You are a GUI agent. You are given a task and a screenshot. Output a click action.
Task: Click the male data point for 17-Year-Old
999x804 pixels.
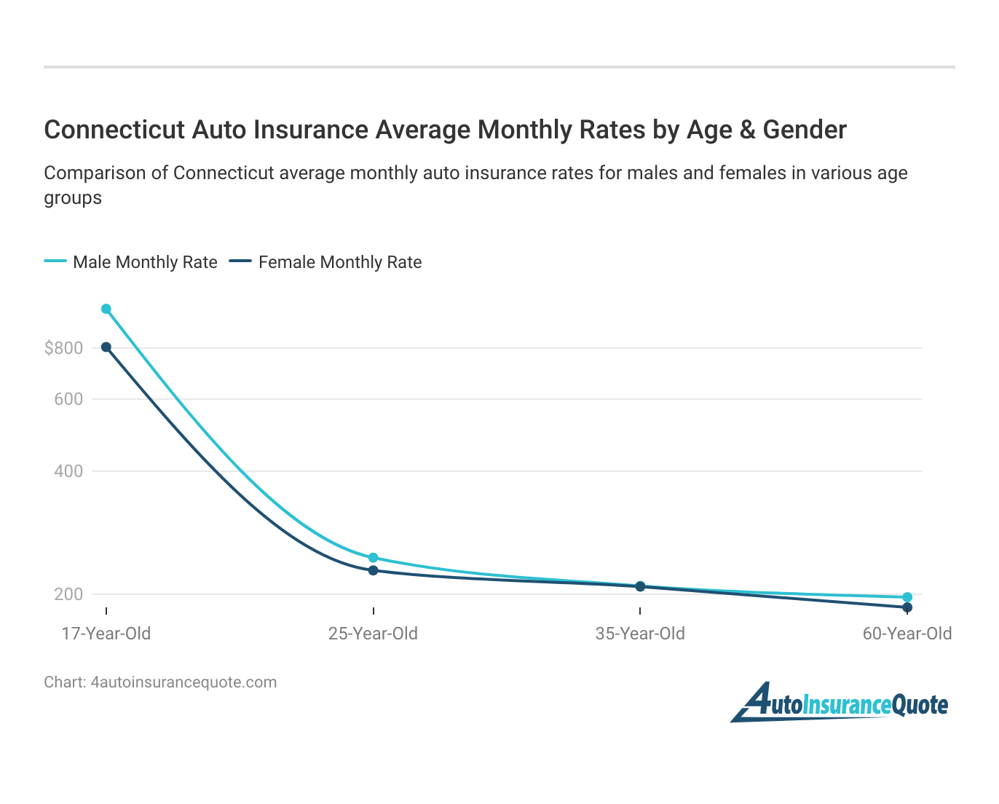click(x=106, y=309)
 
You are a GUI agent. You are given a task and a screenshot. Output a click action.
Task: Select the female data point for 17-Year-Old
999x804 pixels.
click(x=106, y=347)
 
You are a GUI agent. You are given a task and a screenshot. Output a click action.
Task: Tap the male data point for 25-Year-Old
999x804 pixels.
click(x=374, y=558)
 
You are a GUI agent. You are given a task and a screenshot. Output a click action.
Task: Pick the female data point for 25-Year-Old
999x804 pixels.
click(x=374, y=570)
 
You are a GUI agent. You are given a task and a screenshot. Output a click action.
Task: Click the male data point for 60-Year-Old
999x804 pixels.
click(x=907, y=597)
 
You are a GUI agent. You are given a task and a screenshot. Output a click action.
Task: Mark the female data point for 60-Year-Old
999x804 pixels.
click(x=907, y=607)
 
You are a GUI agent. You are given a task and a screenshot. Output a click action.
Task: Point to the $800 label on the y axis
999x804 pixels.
click(x=64, y=348)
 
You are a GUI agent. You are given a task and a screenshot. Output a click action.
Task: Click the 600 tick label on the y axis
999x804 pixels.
click(x=68, y=399)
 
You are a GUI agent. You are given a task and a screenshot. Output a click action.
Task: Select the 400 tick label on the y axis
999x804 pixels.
click(x=68, y=471)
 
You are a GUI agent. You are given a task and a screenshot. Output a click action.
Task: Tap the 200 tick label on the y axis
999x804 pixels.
click(x=68, y=594)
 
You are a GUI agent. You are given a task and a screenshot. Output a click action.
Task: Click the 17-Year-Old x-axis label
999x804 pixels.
click(x=106, y=634)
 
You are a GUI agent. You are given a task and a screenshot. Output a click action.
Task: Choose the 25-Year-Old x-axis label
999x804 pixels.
click(x=374, y=634)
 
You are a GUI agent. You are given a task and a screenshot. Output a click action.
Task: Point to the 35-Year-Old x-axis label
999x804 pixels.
click(x=640, y=634)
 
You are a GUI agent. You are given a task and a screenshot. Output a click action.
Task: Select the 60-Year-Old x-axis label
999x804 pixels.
click(x=907, y=634)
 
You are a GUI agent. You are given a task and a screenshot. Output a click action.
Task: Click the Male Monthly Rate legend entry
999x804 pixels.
click(x=145, y=262)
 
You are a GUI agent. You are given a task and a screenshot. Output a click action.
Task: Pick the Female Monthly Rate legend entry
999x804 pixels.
click(x=340, y=262)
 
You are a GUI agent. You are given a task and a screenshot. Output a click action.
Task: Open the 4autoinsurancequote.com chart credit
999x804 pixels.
click(x=183, y=682)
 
